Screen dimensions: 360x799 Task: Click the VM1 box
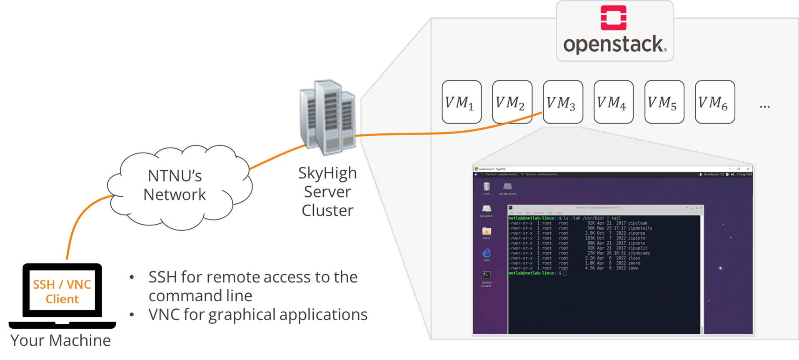(x=461, y=102)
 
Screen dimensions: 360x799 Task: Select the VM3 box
(x=562, y=102)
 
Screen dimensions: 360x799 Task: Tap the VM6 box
(x=714, y=102)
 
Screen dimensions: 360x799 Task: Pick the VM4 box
(x=613, y=102)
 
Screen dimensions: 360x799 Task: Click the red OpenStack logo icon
(x=613, y=18)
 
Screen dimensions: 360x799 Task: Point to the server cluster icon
(x=328, y=117)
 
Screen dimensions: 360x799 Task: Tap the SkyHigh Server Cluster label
(x=327, y=192)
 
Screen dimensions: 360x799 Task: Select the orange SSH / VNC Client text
(x=62, y=292)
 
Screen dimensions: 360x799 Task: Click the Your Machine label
(x=61, y=340)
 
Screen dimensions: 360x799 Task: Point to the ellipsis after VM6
(x=764, y=107)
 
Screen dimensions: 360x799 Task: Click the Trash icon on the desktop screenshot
(x=486, y=187)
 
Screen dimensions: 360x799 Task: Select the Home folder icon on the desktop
(x=486, y=232)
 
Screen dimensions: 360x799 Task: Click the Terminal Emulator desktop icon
(x=486, y=276)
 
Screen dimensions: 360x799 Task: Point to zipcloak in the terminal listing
(x=637, y=223)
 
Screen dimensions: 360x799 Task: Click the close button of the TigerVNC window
(x=748, y=169)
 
